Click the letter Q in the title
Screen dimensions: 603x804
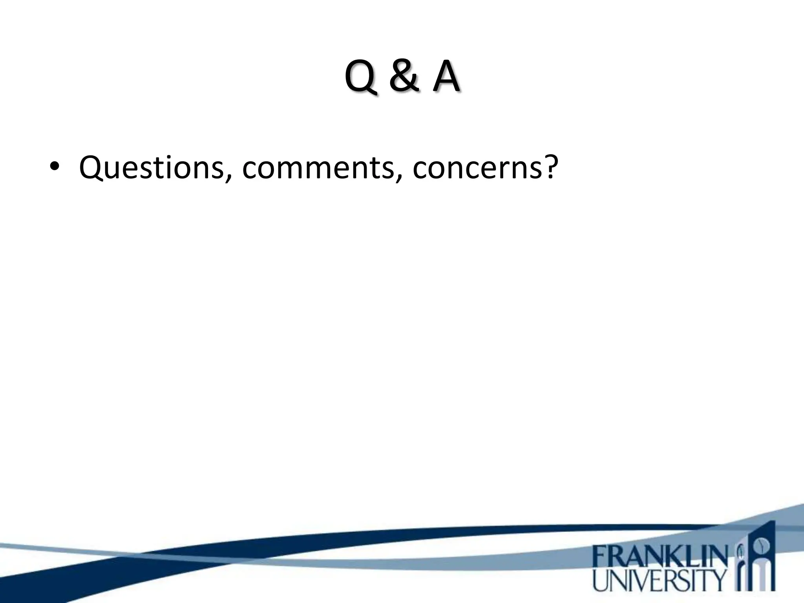[362, 77]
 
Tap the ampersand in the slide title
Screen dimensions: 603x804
[404, 77]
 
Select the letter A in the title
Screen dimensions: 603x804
[446, 77]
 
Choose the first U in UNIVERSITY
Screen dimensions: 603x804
[600, 581]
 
